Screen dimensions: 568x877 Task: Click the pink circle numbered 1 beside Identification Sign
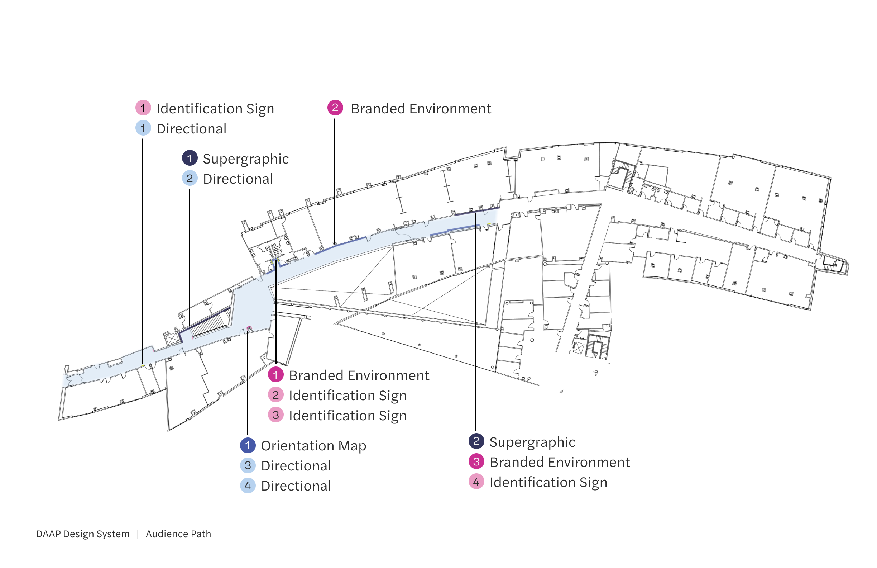143,108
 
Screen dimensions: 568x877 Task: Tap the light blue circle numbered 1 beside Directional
143,128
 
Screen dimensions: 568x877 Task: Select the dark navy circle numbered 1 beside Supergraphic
190,158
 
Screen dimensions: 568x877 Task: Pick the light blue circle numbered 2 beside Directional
190,179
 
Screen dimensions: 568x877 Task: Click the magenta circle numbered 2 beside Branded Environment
335,108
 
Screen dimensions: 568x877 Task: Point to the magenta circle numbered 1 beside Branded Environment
275,375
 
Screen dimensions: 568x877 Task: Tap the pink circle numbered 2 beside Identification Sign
275,395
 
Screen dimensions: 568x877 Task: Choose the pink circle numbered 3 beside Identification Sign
275,415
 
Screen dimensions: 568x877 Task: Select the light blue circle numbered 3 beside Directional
248,465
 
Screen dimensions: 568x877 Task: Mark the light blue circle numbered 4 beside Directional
248,486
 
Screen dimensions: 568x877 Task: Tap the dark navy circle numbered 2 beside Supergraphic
476,441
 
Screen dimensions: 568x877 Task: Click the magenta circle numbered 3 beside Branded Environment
476,461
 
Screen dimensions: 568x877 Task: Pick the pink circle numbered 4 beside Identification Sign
476,482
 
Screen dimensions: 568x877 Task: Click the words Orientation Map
313,446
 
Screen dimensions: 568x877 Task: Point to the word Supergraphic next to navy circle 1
245,158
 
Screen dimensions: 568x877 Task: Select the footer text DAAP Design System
83,534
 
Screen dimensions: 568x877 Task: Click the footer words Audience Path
178,534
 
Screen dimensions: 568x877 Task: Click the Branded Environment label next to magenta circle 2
421,108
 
